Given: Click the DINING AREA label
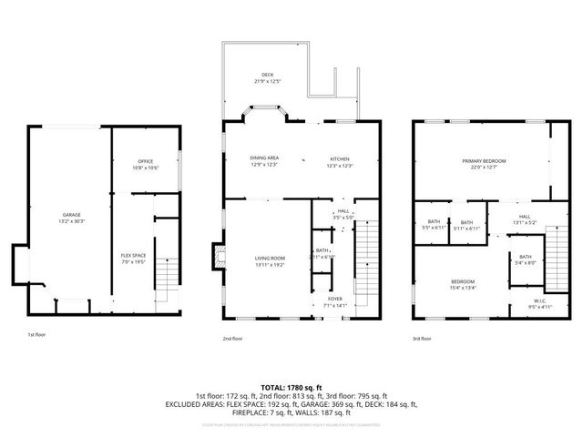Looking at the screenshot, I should point(264,161).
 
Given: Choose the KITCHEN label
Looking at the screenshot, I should point(341,161).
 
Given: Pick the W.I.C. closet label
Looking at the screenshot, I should point(540,302).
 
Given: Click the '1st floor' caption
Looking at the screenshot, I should point(36,335).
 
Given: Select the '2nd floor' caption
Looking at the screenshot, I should point(232,339).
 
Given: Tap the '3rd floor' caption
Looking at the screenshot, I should point(421,339).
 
